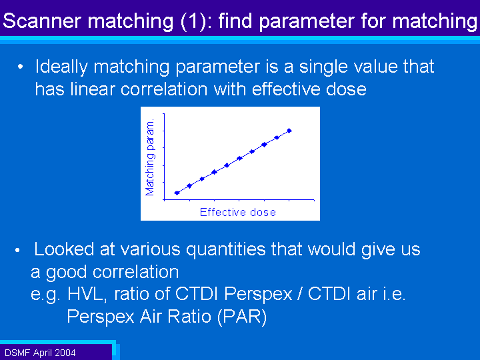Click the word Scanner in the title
42,21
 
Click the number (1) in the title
196,21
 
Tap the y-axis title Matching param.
150,158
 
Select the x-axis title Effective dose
238,212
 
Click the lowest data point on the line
177,193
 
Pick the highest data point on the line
289,131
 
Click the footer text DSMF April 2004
40,353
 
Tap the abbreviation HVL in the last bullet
87,294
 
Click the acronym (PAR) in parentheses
242,317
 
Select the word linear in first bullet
93,89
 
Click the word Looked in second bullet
64,249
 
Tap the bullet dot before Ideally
20,67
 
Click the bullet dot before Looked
17,251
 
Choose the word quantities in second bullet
226,250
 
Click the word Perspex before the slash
258,295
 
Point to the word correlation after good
135,272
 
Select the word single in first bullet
323,67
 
